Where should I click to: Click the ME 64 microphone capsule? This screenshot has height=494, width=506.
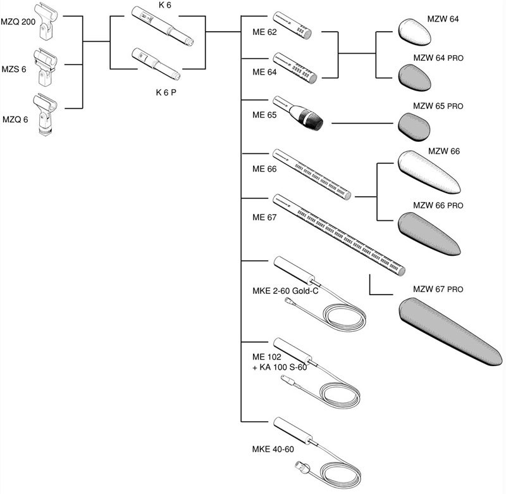(x=295, y=68)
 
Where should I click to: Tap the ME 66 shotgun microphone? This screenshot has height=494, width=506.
(x=311, y=174)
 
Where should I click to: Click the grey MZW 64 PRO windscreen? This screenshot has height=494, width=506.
(x=415, y=77)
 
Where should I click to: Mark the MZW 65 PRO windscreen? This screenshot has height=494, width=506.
(x=414, y=123)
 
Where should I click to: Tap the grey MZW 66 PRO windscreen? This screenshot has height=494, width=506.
(x=429, y=234)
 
